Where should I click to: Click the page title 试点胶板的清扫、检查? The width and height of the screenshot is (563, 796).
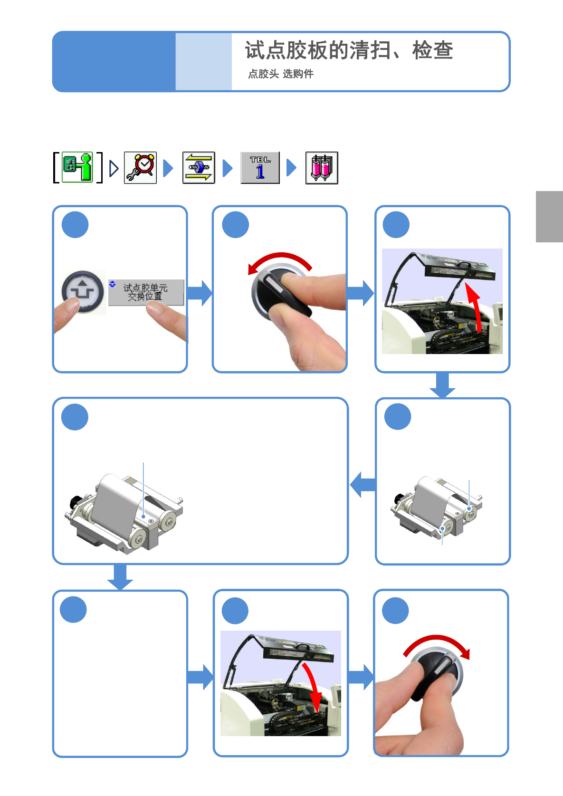[349, 50]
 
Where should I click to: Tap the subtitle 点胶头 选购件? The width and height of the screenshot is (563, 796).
[281, 74]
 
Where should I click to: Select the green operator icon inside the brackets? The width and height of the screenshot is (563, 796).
[77, 167]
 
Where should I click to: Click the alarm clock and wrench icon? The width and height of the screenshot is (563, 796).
[140, 168]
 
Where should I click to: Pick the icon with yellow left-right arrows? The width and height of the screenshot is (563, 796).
[199, 168]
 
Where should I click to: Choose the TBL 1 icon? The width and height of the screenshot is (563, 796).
[260, 168]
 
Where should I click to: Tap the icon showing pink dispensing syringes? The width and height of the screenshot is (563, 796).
[322, 168]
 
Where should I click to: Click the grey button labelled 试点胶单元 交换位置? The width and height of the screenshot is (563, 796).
[146, 292]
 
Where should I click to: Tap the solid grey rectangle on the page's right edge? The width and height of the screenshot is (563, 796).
[549, 216]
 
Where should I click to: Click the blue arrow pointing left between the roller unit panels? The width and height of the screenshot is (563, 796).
[363, 484]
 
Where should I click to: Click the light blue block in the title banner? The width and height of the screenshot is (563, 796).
[203, 61]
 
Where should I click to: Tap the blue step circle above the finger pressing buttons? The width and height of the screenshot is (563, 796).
[75, 225]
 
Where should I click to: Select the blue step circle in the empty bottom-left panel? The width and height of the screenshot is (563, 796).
[73, 609]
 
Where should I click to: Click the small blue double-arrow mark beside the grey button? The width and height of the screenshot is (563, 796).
[112, 284]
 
